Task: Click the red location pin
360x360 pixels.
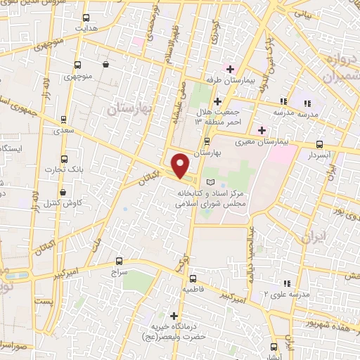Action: (x=181, y=165)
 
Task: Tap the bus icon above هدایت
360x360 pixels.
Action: (x=86, y=18)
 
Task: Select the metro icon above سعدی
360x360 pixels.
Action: (x=64, y=120)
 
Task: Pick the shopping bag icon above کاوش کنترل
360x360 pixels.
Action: (x=63, y=191)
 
